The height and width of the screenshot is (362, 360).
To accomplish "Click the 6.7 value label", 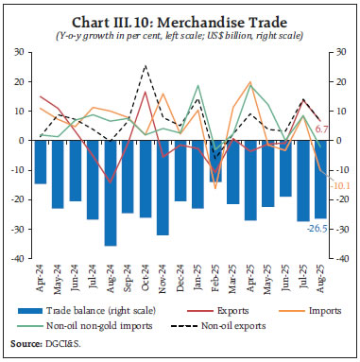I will point(320,129).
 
